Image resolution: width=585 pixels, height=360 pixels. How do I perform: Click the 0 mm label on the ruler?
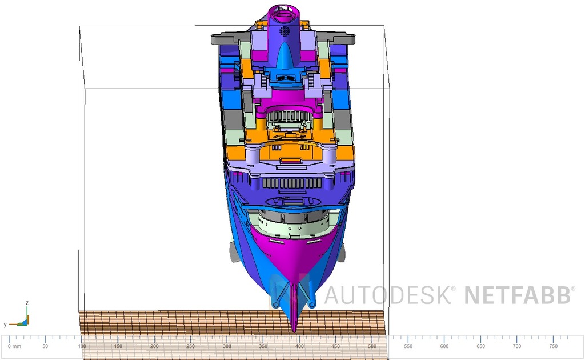click(x=14, y=346)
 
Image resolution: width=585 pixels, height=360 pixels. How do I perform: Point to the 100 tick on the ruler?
click(x=82, y=346)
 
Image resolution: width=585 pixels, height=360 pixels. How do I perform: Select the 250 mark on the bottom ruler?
click(x=191, y=346)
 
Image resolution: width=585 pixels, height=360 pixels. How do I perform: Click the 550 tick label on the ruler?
click(x=408, y=346)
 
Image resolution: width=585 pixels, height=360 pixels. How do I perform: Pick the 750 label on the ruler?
click(x=553, y=346)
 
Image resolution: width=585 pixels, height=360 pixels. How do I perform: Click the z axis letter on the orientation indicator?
click(x=27, y=303)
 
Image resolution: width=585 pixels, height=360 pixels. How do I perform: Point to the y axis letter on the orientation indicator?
click(x=5, y=325)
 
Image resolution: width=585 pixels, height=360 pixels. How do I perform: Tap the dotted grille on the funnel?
click(x=285, y=30)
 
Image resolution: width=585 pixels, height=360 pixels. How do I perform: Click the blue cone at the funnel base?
click(x=285, y=57)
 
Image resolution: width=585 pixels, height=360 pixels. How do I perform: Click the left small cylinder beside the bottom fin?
click(x=276, y=304)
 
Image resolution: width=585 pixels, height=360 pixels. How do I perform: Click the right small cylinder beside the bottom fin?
click(x=312, y=304)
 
